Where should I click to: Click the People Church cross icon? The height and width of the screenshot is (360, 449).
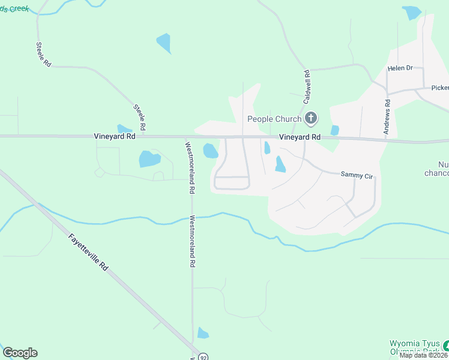(311, 118)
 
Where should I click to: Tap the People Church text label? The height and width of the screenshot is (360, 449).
(274, 119)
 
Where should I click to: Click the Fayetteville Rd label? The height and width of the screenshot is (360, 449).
(88, 252)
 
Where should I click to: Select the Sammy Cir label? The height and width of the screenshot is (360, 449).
(357, 175)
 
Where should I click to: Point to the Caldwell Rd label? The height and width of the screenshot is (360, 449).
(307, 86)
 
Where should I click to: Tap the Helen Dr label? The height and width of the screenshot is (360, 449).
(400, 68)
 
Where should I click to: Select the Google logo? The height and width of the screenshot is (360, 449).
(20, 353)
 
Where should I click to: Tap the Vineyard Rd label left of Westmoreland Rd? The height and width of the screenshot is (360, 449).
(112, 137)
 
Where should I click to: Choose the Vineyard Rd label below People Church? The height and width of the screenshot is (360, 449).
(300, 137)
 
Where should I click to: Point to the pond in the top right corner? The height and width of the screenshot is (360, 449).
(412, 13)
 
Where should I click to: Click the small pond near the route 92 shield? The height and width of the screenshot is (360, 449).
(203, 333)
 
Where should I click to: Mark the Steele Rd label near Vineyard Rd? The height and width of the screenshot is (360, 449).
(140, 118)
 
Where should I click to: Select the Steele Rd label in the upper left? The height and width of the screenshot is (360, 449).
(43, 55)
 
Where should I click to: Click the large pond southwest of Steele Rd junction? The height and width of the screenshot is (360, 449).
(149, 159)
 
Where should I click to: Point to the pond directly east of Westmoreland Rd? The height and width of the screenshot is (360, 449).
(210, 151)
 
